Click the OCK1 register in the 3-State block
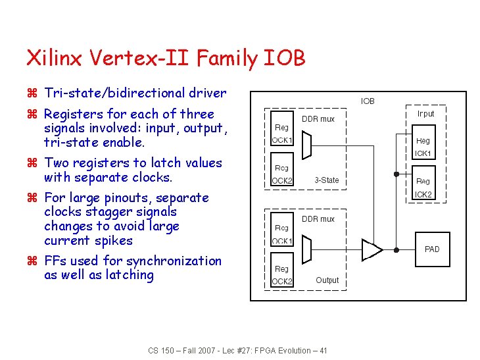pos(282,133)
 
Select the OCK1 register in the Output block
pos(282,234)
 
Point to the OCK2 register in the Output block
pos(282,274)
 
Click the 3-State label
pos(327,180)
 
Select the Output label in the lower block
pos(327,280)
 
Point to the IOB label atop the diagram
pos(368,101)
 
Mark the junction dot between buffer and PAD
pos(396,249)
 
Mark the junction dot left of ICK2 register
pos(396,174)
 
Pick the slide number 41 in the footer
pos(322,350)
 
